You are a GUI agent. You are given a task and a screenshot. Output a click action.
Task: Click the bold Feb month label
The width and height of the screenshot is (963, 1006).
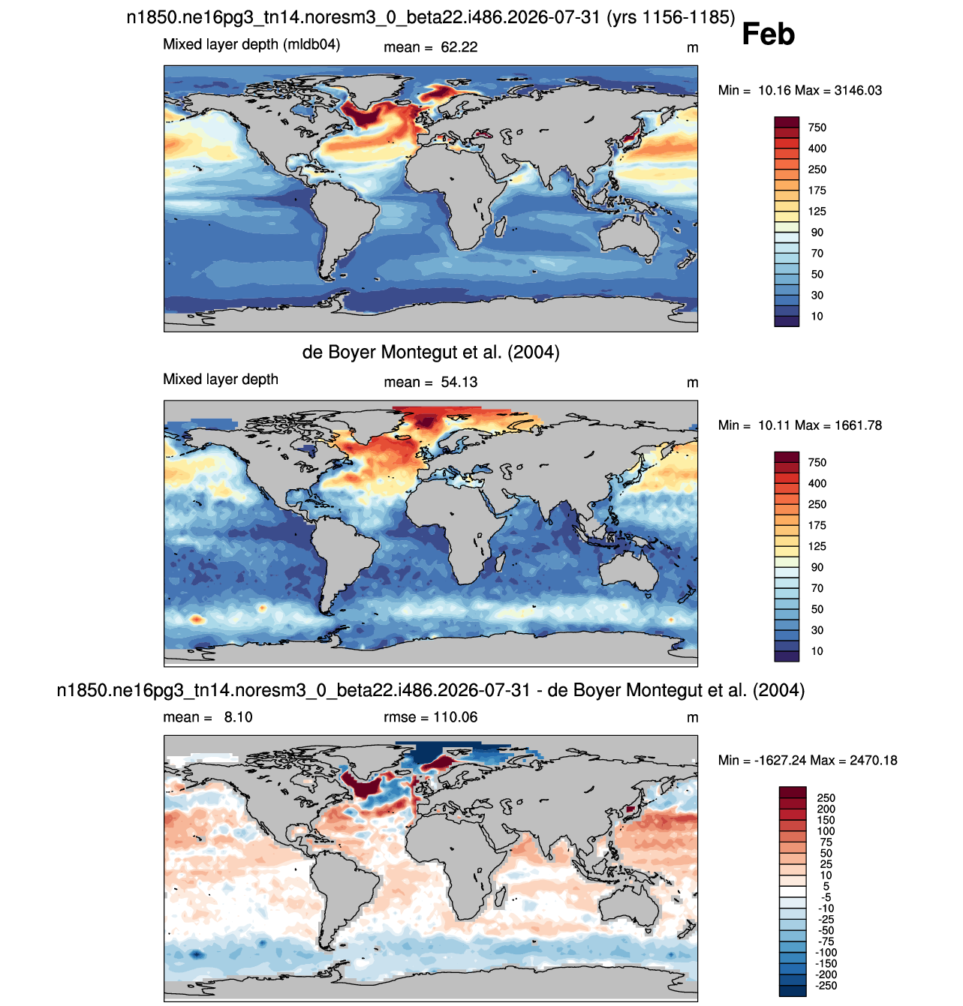(x=768, y=34)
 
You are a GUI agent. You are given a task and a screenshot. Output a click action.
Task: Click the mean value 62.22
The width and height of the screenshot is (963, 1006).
(x=459, y=47)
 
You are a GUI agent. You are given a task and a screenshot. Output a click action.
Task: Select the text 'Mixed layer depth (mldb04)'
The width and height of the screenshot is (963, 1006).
(x=251, y=44)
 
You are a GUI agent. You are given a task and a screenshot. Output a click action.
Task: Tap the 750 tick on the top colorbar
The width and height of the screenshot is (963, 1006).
(x=817, y=128)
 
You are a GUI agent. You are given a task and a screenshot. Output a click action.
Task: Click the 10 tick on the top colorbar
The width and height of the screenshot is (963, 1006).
(x=817, y=317)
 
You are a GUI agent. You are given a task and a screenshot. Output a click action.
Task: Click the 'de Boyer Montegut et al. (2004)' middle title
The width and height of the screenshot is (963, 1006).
(x=431, y=353)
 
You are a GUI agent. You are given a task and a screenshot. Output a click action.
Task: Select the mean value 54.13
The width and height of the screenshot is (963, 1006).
(x=459, y=382)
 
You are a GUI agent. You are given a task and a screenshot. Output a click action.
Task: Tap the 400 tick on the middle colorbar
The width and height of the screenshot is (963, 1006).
(x=817, y=483)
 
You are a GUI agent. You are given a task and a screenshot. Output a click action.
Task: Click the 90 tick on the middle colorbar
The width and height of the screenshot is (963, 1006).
(x=817, y=567)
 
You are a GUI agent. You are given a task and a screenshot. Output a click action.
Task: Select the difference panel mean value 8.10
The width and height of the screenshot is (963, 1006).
(x=238, y=717)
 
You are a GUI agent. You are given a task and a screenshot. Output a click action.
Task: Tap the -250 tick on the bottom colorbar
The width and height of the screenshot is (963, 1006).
(x=826, y=986)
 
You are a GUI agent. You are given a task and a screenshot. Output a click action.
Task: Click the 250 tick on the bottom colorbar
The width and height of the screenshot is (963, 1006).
(x=826, y=798)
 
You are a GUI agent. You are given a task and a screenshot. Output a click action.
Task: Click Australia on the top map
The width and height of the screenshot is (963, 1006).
(x=628, y=238)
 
